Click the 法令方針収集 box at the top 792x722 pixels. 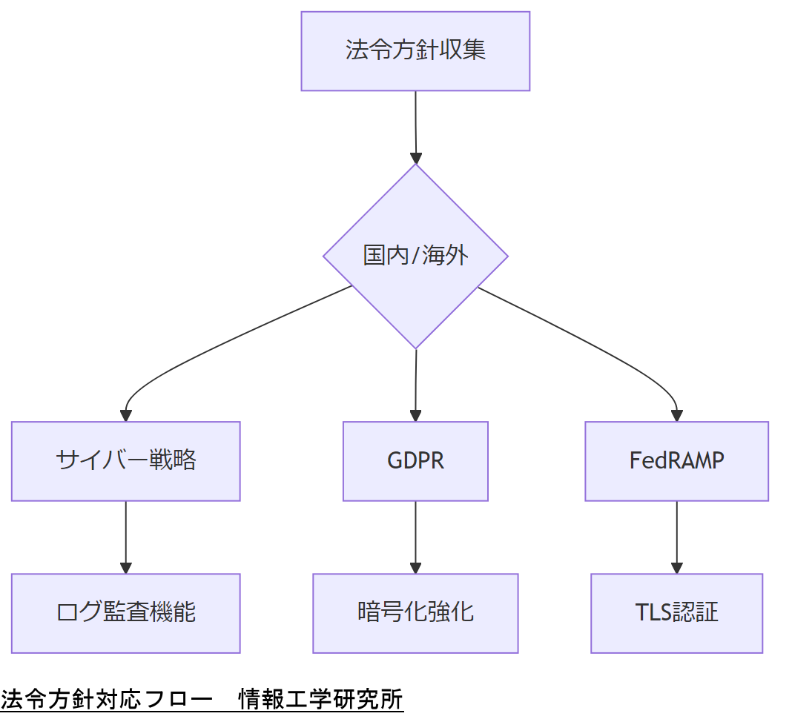pos(415,51)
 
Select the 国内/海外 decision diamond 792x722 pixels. pos(415,256)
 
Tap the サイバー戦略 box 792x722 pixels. pos(125,461)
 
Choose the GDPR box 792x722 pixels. pos(415,461)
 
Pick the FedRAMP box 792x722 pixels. pos(676,461)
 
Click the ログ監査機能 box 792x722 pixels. pos(125,613)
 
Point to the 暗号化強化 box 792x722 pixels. pos(415,613)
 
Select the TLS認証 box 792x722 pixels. pos(676,613)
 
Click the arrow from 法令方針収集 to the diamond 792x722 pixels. pos(415,126)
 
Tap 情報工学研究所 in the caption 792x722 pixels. pos(320,700)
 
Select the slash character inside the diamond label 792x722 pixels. pos(416,256)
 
